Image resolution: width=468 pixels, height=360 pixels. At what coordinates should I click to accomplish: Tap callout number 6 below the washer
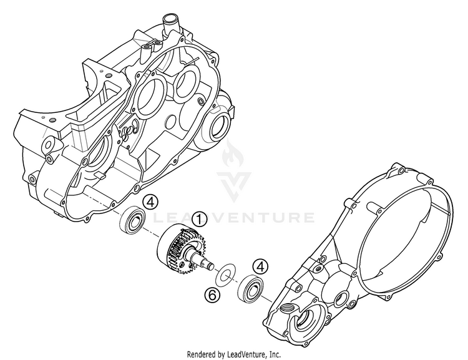(212, 294)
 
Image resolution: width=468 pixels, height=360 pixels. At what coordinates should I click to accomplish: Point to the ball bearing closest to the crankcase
(134, 220)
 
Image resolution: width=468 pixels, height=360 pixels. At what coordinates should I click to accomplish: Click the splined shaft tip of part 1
(207, 266)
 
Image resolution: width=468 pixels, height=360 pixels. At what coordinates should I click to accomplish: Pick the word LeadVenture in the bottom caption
(244, 354)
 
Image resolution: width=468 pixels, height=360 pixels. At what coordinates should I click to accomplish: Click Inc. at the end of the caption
(275, 354)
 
